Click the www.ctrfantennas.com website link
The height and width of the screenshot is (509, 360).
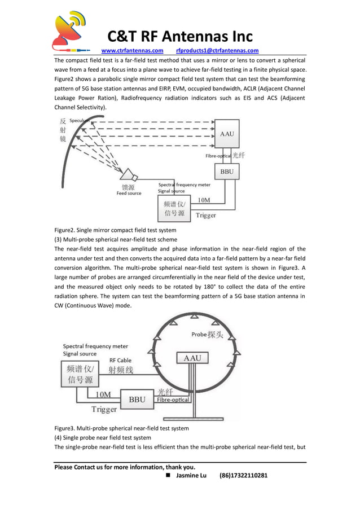pyautogui.click(x=132, y=50)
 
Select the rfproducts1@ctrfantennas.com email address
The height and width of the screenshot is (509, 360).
pyautogui.click(x=217, y=50)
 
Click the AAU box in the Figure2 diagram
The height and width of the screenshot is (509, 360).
pyautogui.click(x=227, y=134)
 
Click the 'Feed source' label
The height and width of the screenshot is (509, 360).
pyautogui.click(x=129, y=194)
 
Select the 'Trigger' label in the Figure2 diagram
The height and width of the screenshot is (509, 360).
pyautogui.click(x=205, y=216)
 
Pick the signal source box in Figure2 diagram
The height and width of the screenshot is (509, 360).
pyautogui.click(x=174, y=209)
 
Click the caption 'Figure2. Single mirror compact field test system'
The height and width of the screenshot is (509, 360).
pyautogui.click(x=115, y=230)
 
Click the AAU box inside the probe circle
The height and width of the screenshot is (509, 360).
pyautogui.click(x=192, y=358)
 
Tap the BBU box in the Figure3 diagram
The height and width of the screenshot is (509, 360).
pyautogui.click(x=138, y=400)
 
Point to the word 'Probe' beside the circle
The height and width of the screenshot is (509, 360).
pyautogui.click(x=199, y=335)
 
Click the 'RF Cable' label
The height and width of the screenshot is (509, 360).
pyautogui.click(x=120, y=359)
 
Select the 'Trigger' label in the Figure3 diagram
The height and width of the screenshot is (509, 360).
pyautogui.click(x=104, y=410)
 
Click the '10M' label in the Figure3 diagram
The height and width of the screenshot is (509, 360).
pyautogui.click(x=103, y=394)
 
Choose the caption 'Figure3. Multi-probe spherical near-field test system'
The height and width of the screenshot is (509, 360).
pyautogui.click(x=121, y=428)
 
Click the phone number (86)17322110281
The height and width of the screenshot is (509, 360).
pyautogui.click(x=243, y=476)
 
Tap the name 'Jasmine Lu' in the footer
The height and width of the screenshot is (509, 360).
pyautogui.click(x=191, y=476)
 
